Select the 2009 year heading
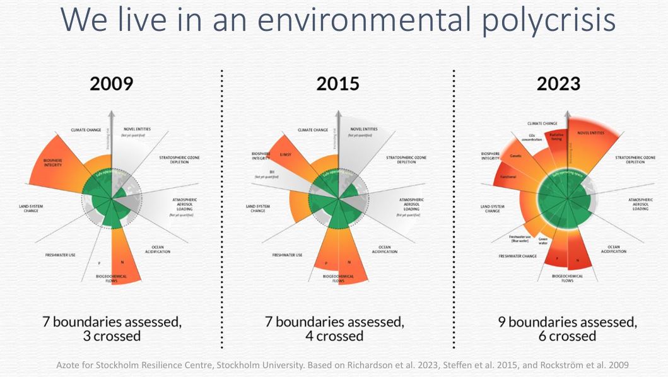tap(111, 83)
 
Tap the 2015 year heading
tap(337, 83)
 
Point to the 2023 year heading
tap(558, 83)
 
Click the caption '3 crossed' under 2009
tap(112, 336)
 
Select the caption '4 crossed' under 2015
tap(334, 336)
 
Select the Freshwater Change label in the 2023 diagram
tap(517, 257)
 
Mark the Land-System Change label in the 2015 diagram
tap(258, 208)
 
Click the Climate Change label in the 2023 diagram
tap(542, 124)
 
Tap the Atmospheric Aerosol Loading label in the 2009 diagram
tap(185, 204)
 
